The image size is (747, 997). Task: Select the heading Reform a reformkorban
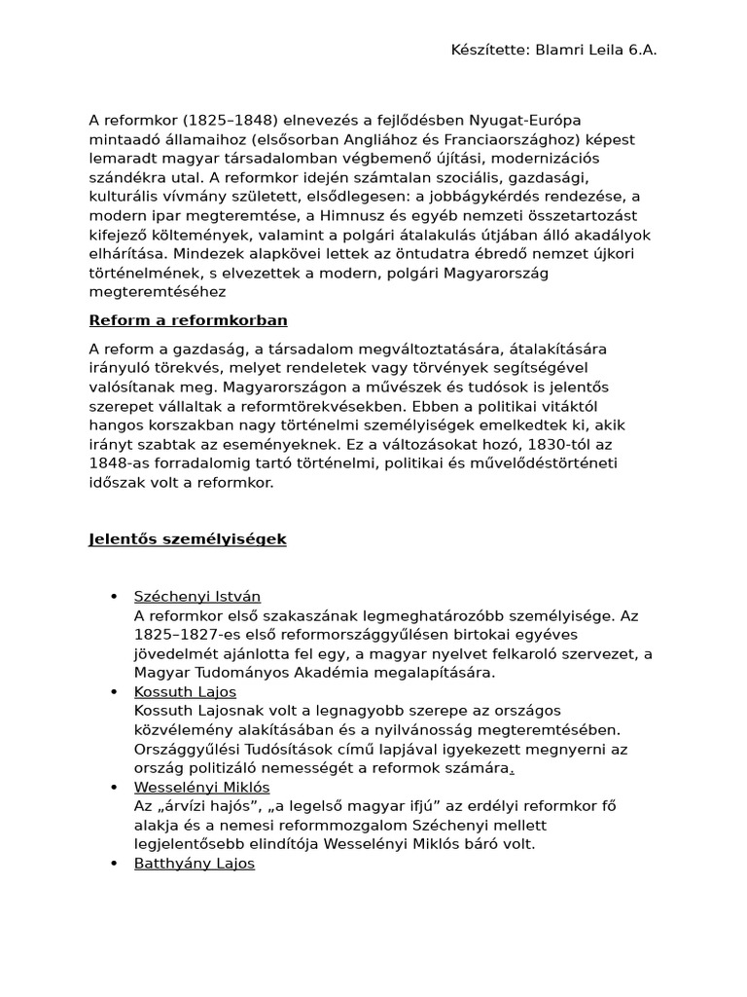[x=188, y=320]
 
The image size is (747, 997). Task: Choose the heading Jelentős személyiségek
[x=188, y=538]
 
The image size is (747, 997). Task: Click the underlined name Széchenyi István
[x=197, y=596]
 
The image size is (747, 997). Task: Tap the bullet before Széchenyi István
[x=114, y=596]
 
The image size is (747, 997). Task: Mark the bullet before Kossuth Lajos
[x=114, y=692]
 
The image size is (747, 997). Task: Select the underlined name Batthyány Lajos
[x=195, y=864]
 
